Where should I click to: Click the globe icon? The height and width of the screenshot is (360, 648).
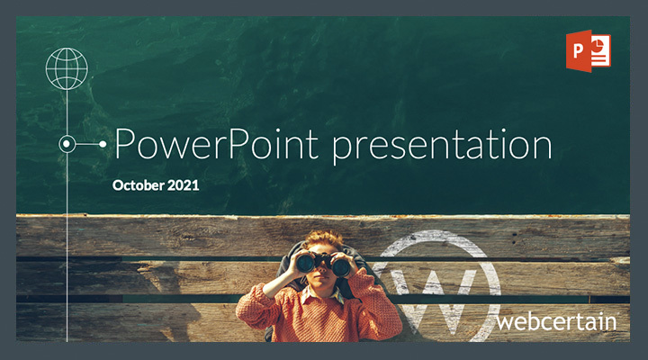67,68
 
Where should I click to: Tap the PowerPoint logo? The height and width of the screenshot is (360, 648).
588,50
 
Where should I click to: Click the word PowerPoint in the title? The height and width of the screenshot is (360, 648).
217,144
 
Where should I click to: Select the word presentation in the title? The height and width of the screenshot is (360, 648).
442,147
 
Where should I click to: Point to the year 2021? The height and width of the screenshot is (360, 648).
183,185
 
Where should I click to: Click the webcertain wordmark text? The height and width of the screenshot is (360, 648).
557,321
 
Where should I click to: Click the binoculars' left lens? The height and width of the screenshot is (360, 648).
305,263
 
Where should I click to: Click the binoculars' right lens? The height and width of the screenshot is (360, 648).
341,267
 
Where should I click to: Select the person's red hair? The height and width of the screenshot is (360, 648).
325,239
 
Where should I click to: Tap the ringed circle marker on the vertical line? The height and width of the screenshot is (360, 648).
67,144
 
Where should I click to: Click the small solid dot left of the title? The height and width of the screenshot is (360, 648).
103,144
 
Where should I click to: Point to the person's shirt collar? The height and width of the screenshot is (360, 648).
321,294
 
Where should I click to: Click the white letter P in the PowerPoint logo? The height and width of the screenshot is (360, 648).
578,50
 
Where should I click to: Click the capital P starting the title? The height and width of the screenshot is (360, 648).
125,144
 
